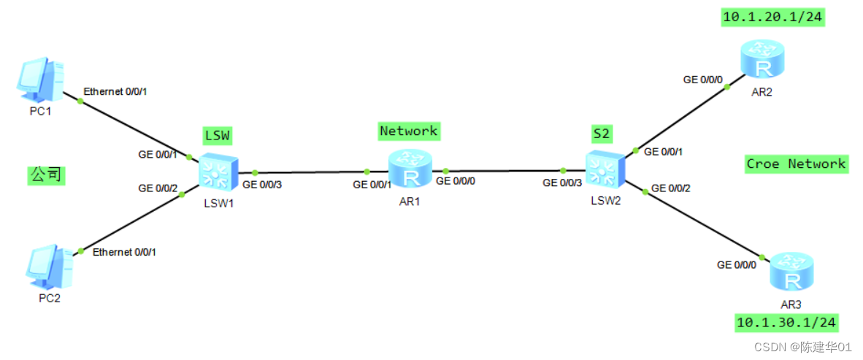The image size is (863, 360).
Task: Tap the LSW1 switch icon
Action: (217, 172)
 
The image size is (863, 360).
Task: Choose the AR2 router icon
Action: (763, 60)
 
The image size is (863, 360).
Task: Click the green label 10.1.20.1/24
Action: (773, 18)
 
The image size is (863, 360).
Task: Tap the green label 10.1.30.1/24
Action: (786, 323)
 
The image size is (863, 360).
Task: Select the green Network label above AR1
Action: (408, 131)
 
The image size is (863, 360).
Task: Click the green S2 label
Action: (602, 134)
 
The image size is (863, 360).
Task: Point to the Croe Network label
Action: (795, 164)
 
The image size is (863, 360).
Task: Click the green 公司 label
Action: (46, 175)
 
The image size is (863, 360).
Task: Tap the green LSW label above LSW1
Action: (217, 135)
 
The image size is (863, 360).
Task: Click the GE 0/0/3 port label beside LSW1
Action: (261, 185)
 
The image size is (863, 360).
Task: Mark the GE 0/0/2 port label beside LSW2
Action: (670, 188)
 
